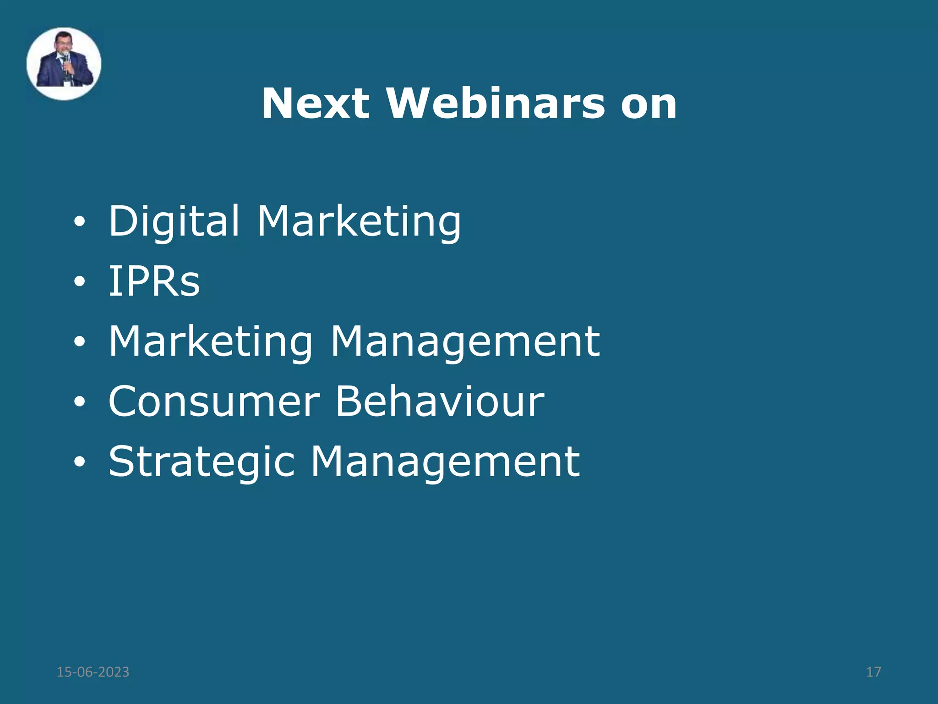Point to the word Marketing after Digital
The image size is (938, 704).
[359, 222]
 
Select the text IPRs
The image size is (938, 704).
[154, 281]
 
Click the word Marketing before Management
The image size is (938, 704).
[211, 342]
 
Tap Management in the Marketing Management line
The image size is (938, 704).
[465, 342]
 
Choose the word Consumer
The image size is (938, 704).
[214, 401]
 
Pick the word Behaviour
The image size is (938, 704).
[440, 401]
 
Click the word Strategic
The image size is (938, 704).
[202, 462]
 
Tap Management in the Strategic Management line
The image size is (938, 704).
[445, 462]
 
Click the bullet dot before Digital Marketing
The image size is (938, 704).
[79, 222]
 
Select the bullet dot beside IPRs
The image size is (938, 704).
[79, 282]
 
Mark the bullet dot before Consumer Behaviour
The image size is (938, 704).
[79, 402]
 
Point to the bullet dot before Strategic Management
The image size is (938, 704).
[79, 462]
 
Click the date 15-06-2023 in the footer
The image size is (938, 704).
[93, 672]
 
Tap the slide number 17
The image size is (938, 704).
[873, 672]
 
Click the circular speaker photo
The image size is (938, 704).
[64, 64]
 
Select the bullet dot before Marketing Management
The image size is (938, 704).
[79, 342]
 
